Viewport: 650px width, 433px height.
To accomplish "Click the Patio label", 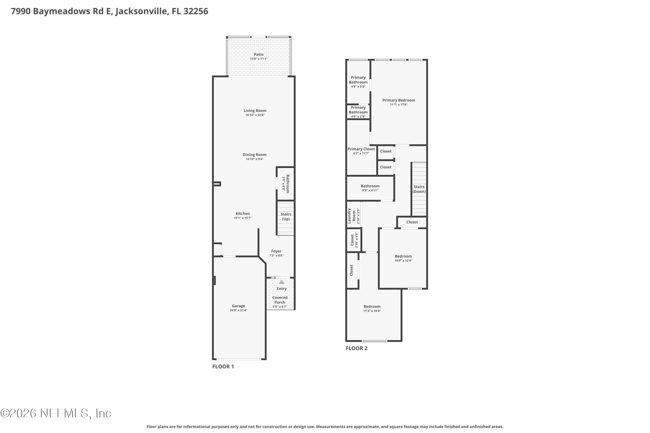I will [x=258, y=54].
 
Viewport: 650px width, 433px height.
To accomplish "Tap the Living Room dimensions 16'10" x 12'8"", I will [x=255, y=115].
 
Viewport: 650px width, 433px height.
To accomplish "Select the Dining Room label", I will [x=255, y=155].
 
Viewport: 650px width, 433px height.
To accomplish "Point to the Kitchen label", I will [x=242, y=213].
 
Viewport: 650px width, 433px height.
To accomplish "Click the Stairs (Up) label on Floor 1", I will [x=286, y=216].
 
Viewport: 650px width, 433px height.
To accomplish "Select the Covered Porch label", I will [x=280, y=300].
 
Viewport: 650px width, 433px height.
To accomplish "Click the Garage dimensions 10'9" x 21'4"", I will [x=238, y=310].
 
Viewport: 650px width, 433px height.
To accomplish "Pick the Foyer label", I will [x=276, y=251].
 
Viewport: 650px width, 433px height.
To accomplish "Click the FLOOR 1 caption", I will [x=223, y=367].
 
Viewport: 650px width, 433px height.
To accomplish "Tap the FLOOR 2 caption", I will [x=356, y=348].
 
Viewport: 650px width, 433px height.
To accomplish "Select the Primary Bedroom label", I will [x=398, y=100].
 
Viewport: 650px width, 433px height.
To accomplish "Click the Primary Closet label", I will [x=361, y=149].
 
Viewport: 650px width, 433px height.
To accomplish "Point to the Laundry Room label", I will [x=351, y=216].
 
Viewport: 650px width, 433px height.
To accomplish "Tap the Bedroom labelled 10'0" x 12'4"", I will [x=403, y=256].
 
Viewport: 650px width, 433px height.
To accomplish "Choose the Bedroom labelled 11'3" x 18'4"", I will [x=372, y=307].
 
